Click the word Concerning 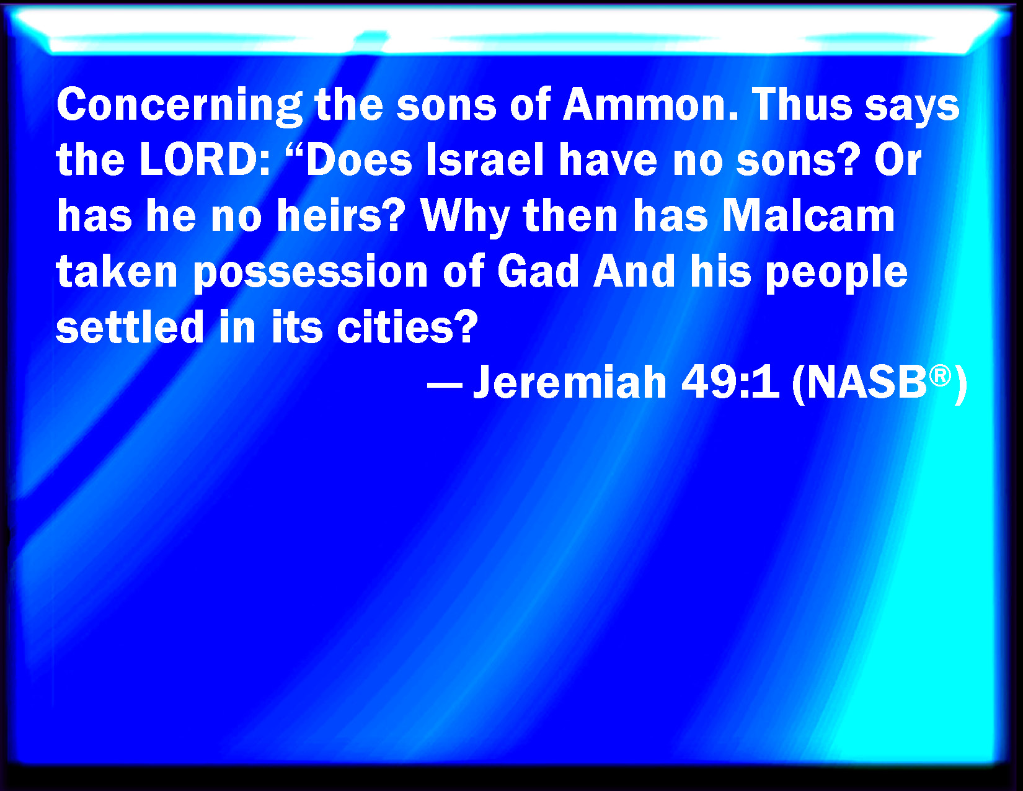179,106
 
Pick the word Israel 485,159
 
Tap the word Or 897,159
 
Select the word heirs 340,215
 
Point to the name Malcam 808,215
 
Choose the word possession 310,273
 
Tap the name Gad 538,270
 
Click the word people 836,273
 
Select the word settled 130,326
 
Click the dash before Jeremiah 445,385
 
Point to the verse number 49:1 730,382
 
